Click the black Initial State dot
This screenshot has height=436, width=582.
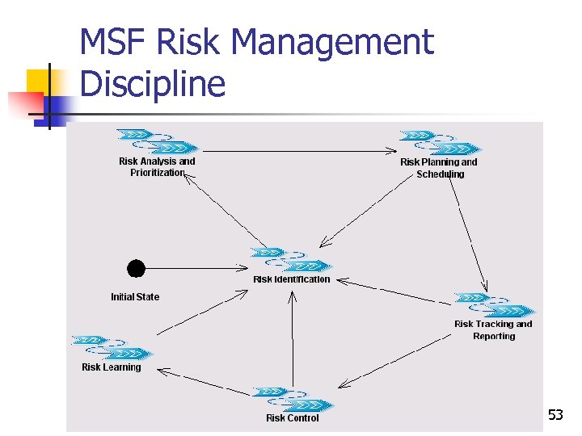pyautogui.click(x=137, y=267)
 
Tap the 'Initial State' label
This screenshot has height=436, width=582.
pyautogui.click(x=135, y=297)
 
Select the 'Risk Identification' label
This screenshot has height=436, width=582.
pyautogui.click(x=292, y=279)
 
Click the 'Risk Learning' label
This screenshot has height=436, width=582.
pyautogui.click(x=111, y=367)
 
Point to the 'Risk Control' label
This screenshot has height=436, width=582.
pyautogui.click(x=293, y=418)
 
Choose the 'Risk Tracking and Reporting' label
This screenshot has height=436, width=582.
pyautogui.click(x=493, y=330)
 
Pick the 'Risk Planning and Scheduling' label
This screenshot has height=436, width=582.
pyautogui.click(x=439, y=168)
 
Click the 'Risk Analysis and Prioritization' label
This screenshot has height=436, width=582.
pyautogui.click(x=157, y=167)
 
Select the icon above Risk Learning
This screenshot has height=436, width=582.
pyautogui.click(x=112, y=347)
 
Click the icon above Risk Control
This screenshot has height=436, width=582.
pyautogui.click(x=293, y=399)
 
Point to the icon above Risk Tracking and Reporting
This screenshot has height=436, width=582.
pyautogui.click(x=494, y=304)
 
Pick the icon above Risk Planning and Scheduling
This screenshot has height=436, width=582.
pyautogui.click(x=440, y=142)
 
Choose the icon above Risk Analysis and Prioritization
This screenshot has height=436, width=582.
pyautogui.click(x=158, y=140)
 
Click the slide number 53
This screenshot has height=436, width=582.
pyautogui.click(x=555, y=416)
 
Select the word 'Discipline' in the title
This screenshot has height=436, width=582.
pyautogui.click(x=153, y=83)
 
